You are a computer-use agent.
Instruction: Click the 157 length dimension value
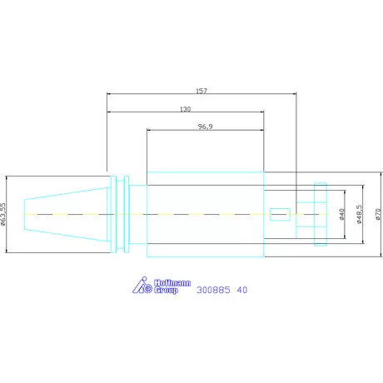[x=201, y=91]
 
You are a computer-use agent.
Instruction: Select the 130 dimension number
[x=186, y=109]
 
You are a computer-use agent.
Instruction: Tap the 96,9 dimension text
[x=206, y=127]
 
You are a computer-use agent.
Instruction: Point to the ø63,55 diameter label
[x=2, y=214]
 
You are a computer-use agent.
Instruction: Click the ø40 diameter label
[x=342, y=214]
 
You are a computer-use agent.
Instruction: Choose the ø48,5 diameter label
[x=359, y=214]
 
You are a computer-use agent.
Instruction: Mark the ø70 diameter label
[x=379, y=214]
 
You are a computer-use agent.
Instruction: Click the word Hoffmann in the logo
[x=172, y=283]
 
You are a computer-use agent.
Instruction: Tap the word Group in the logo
[x=166, y=291]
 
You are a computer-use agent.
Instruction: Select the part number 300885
[x=213, y=290]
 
